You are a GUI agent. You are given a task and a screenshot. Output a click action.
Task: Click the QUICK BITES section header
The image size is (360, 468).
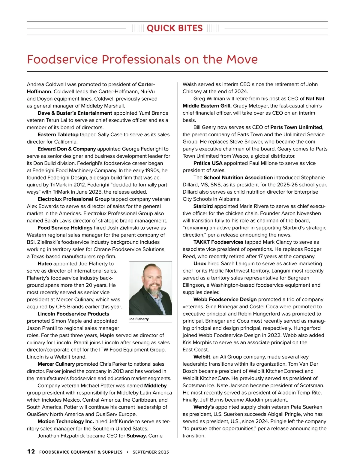[x=175, y=28]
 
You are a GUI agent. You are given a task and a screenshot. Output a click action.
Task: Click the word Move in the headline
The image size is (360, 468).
[x=242, y=59]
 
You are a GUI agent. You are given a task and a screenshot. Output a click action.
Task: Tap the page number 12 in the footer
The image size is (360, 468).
[x=31, y=451]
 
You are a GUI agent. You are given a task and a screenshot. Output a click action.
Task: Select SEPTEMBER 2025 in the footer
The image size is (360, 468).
[x=151, y=452]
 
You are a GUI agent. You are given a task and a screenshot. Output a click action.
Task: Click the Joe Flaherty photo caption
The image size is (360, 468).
[x=139, y=319]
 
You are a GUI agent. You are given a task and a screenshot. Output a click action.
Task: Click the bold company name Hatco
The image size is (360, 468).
[x=45, y=264]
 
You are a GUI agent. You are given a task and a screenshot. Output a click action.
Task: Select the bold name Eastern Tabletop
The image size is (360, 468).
[x=58, y=134]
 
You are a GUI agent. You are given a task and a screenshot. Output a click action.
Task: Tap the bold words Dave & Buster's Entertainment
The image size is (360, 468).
[x=75, y=113]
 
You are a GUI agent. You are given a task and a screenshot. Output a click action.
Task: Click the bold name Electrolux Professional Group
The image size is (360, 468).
[x=73, y=199]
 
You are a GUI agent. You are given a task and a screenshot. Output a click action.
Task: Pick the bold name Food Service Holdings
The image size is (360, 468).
[x=65, y=228]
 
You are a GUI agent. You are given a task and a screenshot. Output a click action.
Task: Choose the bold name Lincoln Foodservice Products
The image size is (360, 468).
[x=73, y=314]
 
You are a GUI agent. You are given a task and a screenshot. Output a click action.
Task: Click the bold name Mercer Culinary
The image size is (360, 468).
[x=56, y=364]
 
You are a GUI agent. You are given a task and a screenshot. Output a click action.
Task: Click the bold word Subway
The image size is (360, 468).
[x=136, y=436]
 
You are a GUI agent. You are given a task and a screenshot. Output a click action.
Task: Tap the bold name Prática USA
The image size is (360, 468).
[x=208, y=163]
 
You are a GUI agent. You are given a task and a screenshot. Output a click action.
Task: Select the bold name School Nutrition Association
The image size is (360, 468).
[x=238, y=177]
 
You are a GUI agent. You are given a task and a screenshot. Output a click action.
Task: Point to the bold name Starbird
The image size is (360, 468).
[x=203, y=206]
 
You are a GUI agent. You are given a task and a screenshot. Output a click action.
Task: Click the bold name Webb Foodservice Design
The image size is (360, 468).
[x=225, y=299]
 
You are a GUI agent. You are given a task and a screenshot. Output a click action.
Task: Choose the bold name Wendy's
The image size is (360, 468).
[x=204, y=407]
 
